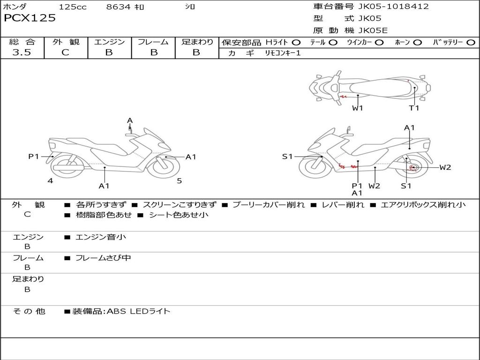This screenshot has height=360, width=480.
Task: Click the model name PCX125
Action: tap(30, 18)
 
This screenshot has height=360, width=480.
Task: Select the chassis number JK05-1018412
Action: tap(393, 7)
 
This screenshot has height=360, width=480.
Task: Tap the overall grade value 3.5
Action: tap(22, 52)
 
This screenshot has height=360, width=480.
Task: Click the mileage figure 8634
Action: tap(118, 7)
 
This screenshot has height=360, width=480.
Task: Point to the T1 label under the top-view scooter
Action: tap(414, 108)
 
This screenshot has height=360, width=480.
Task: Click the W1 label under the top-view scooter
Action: tap(357, 108)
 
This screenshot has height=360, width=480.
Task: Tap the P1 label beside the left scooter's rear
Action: tap(34, 157)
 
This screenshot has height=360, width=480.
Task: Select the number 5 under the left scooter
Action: tap(180, 181)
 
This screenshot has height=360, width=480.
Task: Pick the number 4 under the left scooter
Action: tap(50, 181)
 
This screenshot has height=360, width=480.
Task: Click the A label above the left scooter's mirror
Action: tap(130, 120)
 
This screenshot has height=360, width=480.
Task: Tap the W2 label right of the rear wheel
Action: tap(445, 167)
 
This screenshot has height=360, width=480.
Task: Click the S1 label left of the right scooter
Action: tap(287, 157)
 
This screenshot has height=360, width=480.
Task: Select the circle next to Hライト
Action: tap(296, 43)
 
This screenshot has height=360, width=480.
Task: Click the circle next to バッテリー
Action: tap(471, 43)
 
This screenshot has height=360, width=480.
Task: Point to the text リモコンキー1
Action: tap(283, 53)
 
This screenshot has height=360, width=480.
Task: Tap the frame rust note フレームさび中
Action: tap(103, 258)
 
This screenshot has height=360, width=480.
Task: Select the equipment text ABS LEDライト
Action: tap(138, 311)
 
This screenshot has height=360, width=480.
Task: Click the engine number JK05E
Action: tap(373, 30)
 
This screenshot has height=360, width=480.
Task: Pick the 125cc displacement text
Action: tap(73, 7)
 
